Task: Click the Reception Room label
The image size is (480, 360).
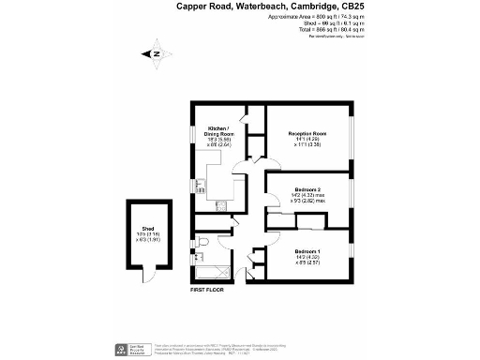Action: pos(307,134)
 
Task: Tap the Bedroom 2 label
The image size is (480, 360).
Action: pos(307,188)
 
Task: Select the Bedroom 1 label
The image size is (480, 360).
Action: pos(307,250)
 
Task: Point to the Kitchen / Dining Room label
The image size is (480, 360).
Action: pos(219,131)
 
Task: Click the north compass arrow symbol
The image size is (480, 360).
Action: pos(157,53)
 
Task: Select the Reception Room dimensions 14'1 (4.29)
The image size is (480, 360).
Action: pos(307,141)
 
